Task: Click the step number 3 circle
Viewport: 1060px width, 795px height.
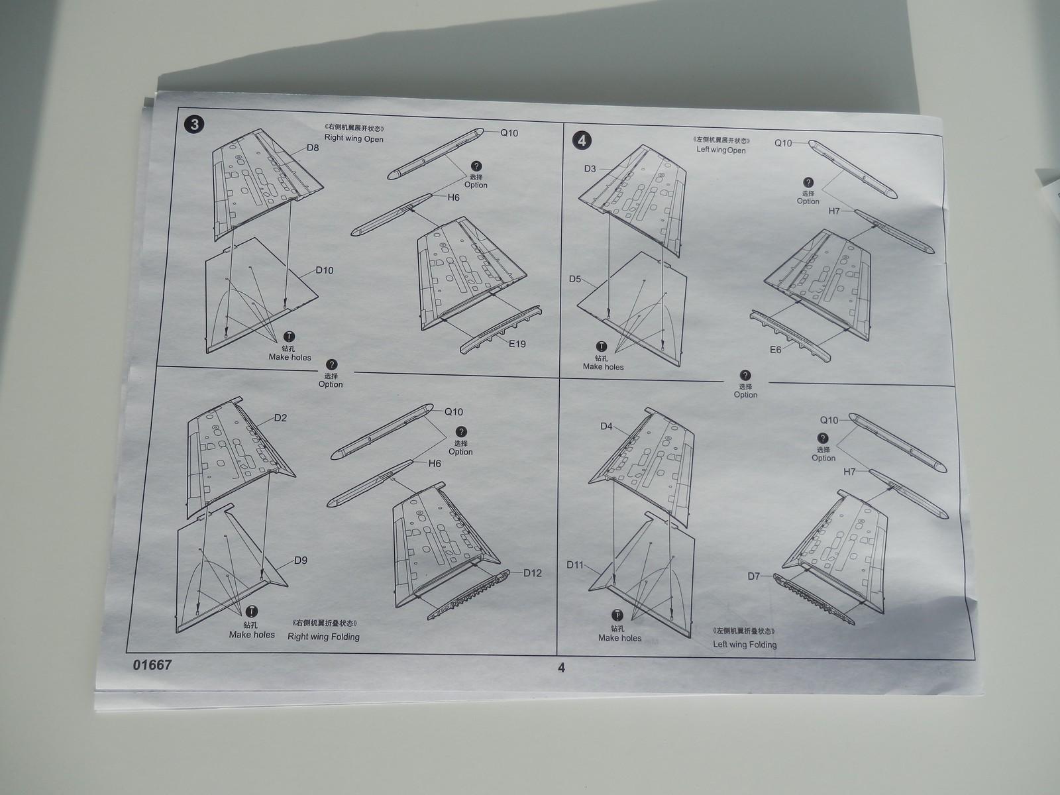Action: pyautogui.click(x=194, y=125)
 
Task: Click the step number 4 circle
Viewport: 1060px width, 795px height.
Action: pyautogui.click(x=582, y=140)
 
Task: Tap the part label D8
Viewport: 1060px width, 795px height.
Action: pyautogui.click(x=313, y=148)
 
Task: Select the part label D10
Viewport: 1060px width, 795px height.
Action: pyautogui.click(x=325, y=270)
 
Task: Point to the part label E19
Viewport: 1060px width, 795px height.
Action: pyautogui.click(x=517, y=343)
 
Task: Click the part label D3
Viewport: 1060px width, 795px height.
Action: pyautogui.click(x=591, y=169)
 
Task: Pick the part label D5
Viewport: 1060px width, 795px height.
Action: pyautogui.click(x=575, y=279)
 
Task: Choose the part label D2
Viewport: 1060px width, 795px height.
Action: pyautogui.click(x=280, y=418)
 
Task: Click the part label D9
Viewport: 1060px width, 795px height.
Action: pyautogui.click(x=301, y=560)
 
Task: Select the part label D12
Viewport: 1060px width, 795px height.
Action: pyautogui.click(x=532, y=573)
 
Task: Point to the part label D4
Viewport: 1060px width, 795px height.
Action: pyautogui.click(x=607, y=426)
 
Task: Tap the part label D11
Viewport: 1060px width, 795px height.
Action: pyautogui.click(x=575, y=564)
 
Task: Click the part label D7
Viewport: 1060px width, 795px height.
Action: pyautogui.click(x=754, y=576)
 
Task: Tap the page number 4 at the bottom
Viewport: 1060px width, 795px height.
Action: pyautogui.click(x=561, y=668)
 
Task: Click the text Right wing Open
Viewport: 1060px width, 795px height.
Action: pyautogui.click(x=354, y=139)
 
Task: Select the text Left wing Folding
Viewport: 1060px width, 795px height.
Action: pyautogui.click(x=745, y=644)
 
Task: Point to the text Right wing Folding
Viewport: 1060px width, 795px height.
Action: pyautogui.click(x=323, y=637)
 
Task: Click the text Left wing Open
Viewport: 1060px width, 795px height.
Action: pyautogui.click(x=721, y=150)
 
